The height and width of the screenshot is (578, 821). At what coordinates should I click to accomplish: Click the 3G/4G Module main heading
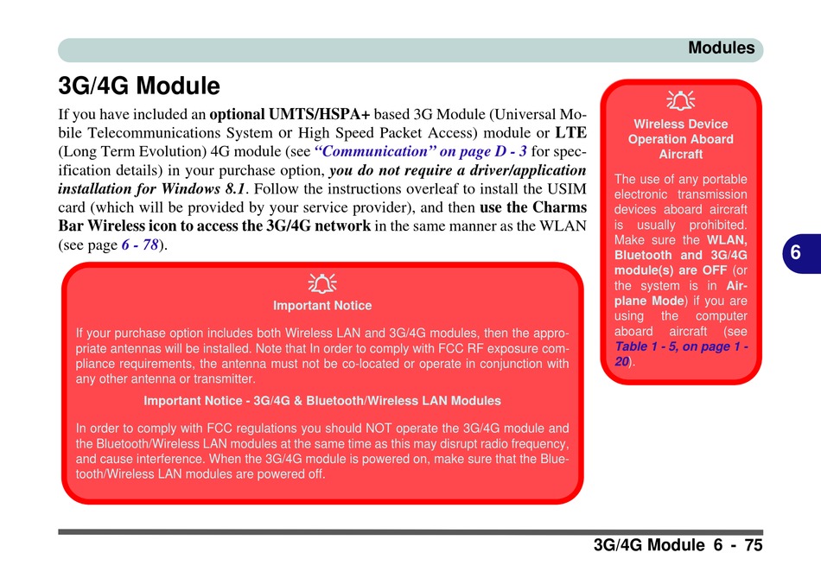click(139, 86)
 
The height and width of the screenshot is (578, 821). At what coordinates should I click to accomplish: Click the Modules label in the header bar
click(721, 48)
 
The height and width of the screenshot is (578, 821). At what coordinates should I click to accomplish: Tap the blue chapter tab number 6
click(795, 253)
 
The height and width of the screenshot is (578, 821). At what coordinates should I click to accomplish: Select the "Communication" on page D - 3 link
click(421, 151)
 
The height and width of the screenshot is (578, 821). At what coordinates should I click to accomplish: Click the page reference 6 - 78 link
click(140, 245)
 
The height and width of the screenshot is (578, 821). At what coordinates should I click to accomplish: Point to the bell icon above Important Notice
click(322, 283)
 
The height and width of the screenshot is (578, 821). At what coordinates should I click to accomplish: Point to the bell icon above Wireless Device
click(681, 100)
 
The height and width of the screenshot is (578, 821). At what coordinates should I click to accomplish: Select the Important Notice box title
click(322, 306)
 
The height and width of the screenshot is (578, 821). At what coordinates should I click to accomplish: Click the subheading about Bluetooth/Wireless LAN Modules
click(322, 401)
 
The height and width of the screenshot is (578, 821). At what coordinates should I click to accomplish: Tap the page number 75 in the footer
click(754, 545)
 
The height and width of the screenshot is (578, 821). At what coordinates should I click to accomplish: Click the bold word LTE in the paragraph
click(570, 132)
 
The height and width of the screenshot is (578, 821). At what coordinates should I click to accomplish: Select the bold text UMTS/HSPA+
click(320, 114)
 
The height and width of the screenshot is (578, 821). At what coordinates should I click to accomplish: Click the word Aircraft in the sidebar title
click(681, 155)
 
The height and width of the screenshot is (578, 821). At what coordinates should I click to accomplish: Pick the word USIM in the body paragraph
click(567, 188)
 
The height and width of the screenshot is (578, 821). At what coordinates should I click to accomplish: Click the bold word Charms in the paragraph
click(559, 207)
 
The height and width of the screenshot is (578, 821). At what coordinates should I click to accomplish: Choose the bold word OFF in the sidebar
click(716, 270)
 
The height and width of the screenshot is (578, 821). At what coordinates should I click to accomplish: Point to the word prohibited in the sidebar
click(718, 225)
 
